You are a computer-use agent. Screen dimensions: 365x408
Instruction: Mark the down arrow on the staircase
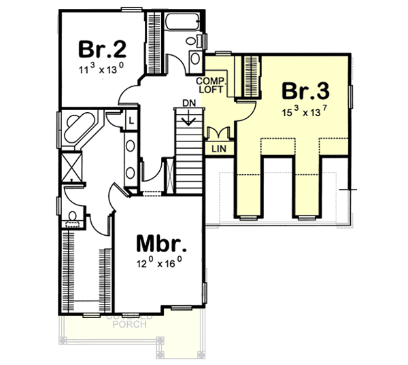tap(190, 120)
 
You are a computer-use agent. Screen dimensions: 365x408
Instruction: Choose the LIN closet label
tap(218, 147)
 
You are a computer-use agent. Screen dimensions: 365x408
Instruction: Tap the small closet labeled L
tap(131, 121)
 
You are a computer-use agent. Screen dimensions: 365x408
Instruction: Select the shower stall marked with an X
tap(68, 166)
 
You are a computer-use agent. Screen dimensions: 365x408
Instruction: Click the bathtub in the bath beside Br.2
tap(180, 24)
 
